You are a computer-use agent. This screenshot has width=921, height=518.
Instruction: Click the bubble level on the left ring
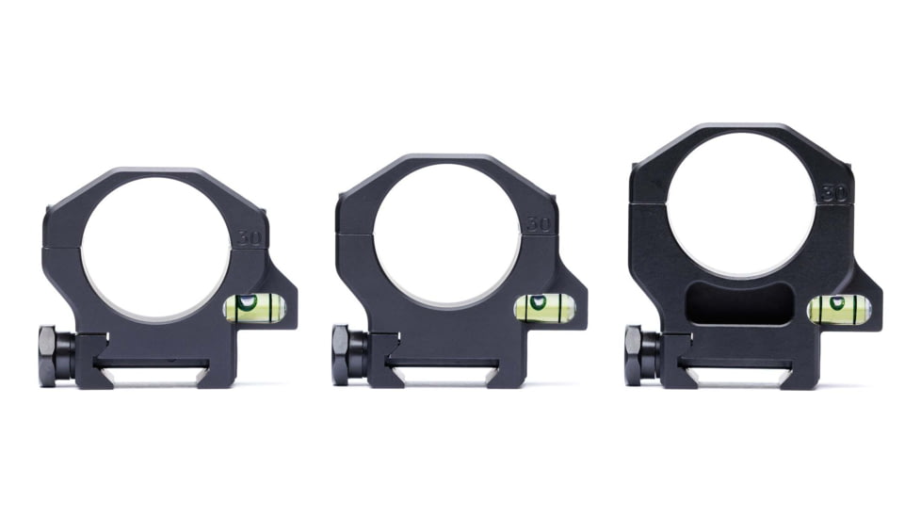[253, 305]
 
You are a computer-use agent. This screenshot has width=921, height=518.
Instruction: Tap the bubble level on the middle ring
[543, 306]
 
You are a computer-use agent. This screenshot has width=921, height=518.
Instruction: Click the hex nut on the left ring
[49, 355]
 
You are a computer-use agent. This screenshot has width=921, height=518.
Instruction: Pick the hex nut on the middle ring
[342, 355]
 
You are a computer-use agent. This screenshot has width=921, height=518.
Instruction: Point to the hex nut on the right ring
[634, 355]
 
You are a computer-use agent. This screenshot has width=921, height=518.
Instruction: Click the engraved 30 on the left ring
[250, 237]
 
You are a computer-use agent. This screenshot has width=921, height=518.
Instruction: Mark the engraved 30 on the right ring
[832, 194]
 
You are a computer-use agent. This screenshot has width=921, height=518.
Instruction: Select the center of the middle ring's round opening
[446, 236]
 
